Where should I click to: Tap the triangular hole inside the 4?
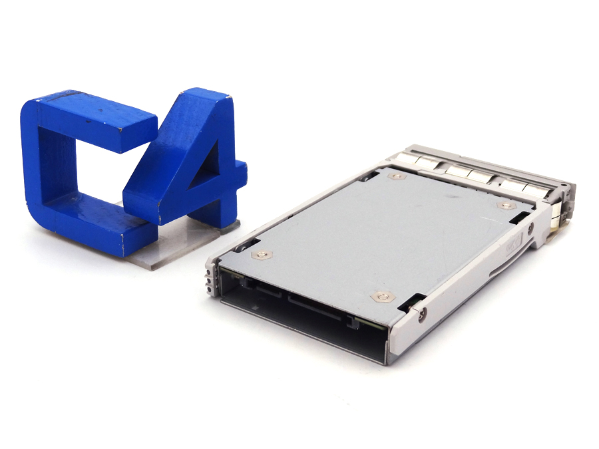pyautogui.click(x=206, y=166)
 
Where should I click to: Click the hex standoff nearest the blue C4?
pyautogui.click(x=262, y=255)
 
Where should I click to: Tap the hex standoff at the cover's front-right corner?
pyautogui.click(x=383, y=297)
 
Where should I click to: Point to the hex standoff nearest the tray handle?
pyautogui.click(x=506, y=206)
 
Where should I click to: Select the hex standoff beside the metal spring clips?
pyautogui.click(x=397, y=176)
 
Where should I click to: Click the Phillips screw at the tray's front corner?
pyautogui.click(x=422, y=315)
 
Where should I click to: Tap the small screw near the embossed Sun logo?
pyautogui.click(x=530, y=229)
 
